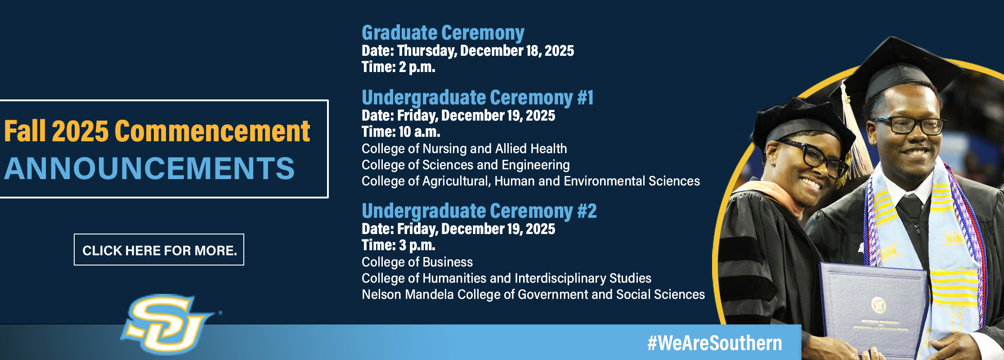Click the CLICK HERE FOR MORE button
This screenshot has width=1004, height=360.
tap(159, 250)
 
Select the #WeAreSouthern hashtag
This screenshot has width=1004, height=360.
tap(714, 343)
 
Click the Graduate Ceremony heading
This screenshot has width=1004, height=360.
tap(443, 33)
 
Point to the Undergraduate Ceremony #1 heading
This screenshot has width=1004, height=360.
tap(478, 98)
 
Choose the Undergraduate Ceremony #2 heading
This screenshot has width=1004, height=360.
tap(479, 211)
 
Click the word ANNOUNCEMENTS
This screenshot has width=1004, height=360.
tap(149, 168)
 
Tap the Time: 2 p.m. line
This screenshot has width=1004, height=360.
tap(399, 67)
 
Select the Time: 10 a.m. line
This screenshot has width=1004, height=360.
tap(401, 132)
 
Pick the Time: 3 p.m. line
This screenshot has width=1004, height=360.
tap(399, 245)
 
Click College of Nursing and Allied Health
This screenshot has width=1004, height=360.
tap(464, 148)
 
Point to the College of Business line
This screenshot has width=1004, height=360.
tap(417, 262)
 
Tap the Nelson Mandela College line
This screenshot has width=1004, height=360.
tap(533, 294)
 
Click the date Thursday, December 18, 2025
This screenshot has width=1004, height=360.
tap(485, 51)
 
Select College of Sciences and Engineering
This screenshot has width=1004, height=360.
tap(466, 165)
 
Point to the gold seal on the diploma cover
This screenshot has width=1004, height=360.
tap(878, 305)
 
